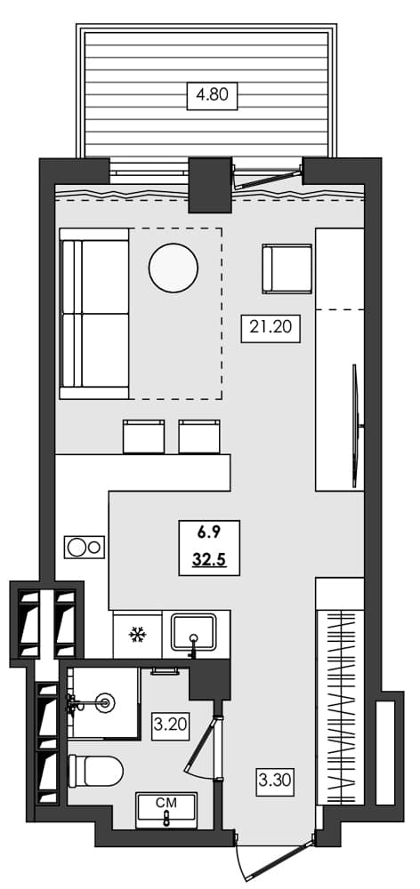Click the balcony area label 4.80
pyautogui.click(x=212, y=94)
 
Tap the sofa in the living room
pyautogui.click(x=93, y=313)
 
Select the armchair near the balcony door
pyautogui.click(x=287, y=268)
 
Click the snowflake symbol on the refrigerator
pyautogui.click(x=137, y=635)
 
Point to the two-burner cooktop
pyautogui.click(x=84, y=546)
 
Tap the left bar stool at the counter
pyautogui.click(x=144, y=436)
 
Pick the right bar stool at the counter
pyautogui.click(x=198, y=436)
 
